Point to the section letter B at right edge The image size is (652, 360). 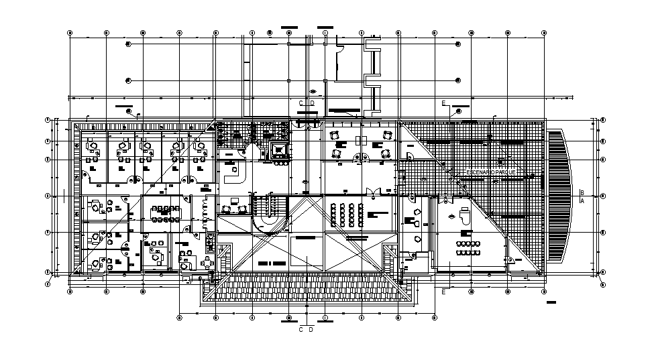coord(582,192)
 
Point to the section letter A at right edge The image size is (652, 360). coord(582,200)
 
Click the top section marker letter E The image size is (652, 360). coord(443,103)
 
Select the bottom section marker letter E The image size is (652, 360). coord(443,292)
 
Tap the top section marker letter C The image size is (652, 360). coord(301,103)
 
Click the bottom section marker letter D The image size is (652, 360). coord(311,329)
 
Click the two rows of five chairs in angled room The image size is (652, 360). coord(467,245)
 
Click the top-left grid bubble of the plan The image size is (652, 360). coord(70,32)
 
